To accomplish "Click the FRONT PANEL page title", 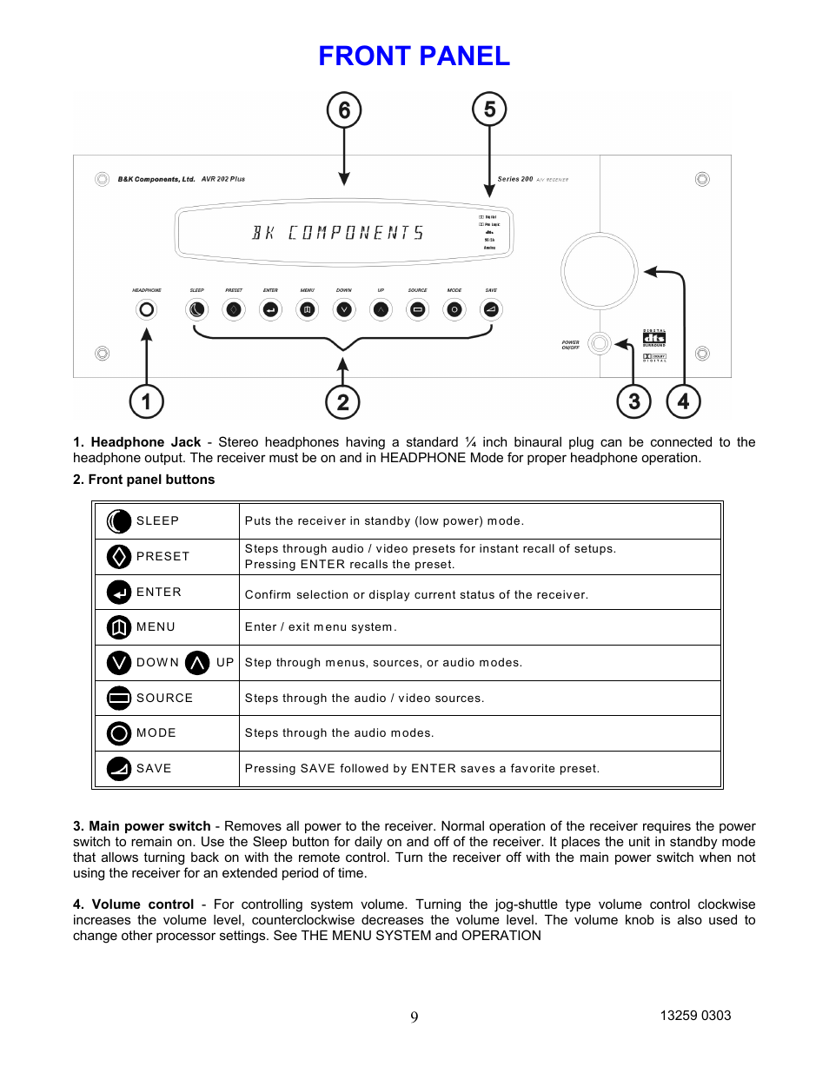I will coord(414,56).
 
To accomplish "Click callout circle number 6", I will coord(344,110).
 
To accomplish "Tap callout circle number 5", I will coord(489,109).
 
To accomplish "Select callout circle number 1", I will coord(146,401).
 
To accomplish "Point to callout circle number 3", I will coord(633,401).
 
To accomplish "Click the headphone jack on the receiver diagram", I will coord(147,309).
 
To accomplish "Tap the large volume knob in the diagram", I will coord(599,270).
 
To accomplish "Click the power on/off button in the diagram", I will coord(599,343).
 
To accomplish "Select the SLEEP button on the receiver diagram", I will coord(197,309).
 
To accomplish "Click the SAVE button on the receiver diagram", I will coord(491,309).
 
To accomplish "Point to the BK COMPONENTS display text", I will coord(338,233).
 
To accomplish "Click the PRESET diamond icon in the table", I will coord(119,556).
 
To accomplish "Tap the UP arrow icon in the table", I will coord(197,663).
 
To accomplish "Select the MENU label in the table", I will coord(156,627).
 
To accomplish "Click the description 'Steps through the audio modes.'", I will coord(339,733).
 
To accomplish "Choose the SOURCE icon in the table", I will coord(119,698).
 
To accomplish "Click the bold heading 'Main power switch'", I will coord(149,826).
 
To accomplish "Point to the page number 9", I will coord(414,1017).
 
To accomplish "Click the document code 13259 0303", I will coord(695,1016).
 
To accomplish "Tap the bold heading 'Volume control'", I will coord(143,904).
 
